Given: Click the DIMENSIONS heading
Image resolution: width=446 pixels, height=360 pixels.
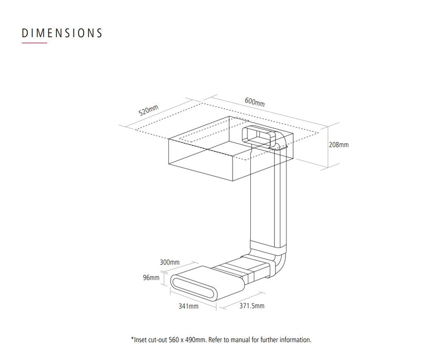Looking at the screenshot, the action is coord(62,33).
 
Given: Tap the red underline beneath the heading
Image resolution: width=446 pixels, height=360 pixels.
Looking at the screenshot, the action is coord(35,43).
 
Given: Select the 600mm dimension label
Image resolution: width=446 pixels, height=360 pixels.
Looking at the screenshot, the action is coord(255,101).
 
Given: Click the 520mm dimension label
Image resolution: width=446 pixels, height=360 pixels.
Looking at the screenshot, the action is coord(148,110).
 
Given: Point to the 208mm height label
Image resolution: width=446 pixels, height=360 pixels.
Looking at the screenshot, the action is coord(338,145).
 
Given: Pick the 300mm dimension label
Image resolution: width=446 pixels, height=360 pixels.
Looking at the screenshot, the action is coord(169,262).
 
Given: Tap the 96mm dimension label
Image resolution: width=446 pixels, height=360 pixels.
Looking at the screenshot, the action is coord(151,278).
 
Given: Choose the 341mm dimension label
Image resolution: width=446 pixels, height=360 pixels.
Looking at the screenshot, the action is coord(188,306).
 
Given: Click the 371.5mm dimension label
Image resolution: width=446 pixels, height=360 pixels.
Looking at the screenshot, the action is coord(252,306).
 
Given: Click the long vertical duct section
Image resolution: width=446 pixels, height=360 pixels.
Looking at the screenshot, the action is coord(268,196).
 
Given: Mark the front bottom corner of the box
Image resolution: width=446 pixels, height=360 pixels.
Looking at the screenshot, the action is coord(233,181).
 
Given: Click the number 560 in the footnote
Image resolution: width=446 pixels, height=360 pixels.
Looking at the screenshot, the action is coord(174,340).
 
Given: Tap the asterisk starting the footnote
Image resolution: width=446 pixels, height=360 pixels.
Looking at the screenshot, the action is coord(132,339).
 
